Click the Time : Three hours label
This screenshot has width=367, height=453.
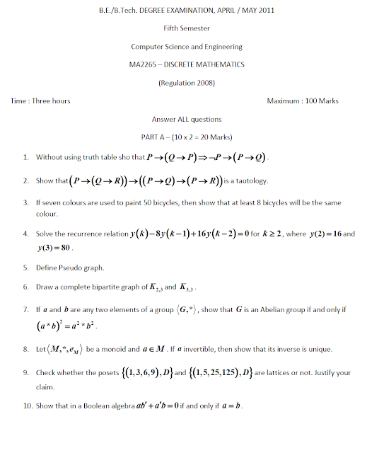click(x=40, y=101)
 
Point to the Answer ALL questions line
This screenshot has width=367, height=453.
click(x=186, y=120)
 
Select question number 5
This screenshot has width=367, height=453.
click(x=25, y=268)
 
